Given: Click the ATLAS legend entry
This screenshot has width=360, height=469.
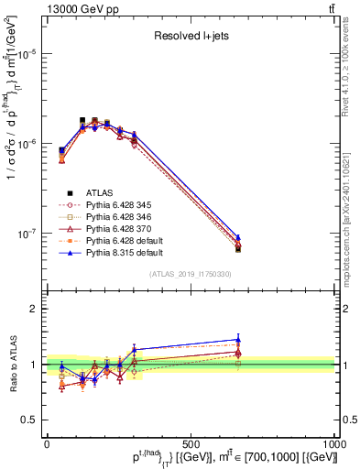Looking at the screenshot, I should click(x=98, y=192).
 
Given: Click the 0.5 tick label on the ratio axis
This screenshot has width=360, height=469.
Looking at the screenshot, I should click(x=32, y=420).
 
